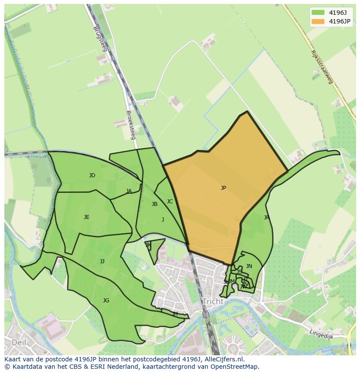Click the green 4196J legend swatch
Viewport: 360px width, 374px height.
tap(318, 13)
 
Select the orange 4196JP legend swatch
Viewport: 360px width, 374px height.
tap(318, 21)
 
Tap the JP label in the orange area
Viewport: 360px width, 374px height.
tap(223, 188)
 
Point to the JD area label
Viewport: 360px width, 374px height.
tap(92, 175)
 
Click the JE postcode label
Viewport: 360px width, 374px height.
tap(87, 217)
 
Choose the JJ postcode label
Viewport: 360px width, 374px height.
tap(102, 261)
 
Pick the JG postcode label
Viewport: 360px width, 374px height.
tap(106, 301)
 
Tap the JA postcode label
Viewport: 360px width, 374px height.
tap(129, 191)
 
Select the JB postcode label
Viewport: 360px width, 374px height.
tap(154, 204)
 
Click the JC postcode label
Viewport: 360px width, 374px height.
tap(170, 202)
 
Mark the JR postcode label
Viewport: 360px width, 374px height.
tap(266, 218)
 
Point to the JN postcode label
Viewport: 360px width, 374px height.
tap(249, 266)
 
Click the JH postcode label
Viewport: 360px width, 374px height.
tap(175, 314)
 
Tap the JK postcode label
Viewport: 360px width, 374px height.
tap(148, 245)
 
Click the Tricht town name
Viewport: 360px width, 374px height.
tap(213, 301)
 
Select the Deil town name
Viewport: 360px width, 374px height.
tap(19, 342)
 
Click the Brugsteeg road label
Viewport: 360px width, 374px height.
tap(100, 39)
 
